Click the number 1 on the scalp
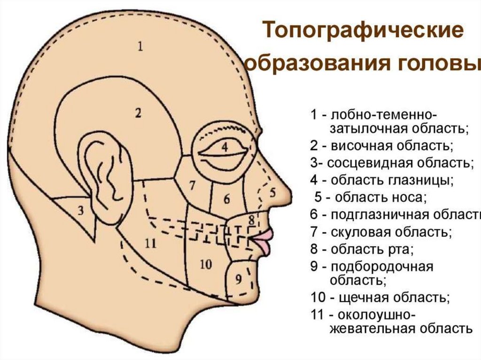click(x=140, y=46)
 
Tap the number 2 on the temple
click(x=138, y=113)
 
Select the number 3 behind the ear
click(x=80, y=211)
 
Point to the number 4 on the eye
click(x=225, y=147)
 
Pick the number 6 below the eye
click(x=226, y=199)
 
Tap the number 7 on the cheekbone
click(x=192, y=185)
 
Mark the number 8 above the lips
click(x=251, y=219)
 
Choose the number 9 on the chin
click(x=238, y=280)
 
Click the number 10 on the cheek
click(x=206, y=264)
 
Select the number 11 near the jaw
click(x=150, y=243)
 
